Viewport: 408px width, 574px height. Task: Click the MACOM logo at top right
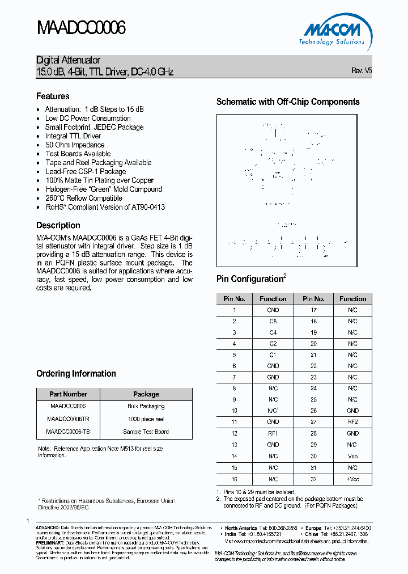click(x=331, y=31)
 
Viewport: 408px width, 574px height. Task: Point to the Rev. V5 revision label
click(x=362, y=71)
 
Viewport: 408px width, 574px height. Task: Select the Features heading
click(x=53, y=96)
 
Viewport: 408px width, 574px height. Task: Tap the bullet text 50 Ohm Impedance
click(x=75, y=145)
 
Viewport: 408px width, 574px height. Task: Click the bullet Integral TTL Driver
click(x=73, y=136)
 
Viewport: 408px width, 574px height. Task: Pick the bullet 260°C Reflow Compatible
click(x=84, y=198)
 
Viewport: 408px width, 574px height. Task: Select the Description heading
click(x=58, y=225)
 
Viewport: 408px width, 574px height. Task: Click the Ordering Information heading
click(x=76, y=374)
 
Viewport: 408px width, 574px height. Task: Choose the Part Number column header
click(x=68, y=394)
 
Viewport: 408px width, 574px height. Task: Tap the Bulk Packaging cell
click(x=146, y=407)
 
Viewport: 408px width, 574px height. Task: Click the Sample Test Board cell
click(x=146, y=432)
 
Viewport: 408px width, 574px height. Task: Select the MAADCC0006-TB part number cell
click(x=68, y=432)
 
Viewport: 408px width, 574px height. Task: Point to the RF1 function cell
click(x=273, y=434)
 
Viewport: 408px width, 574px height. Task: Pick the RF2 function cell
click(x=352, y=423)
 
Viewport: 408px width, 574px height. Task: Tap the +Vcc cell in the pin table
click(x=352, y=479)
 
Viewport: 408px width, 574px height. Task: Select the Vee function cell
click(x=352, y=457)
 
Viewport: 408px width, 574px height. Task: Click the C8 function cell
click(x=273, y=322)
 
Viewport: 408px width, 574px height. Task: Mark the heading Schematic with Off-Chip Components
click(x=288, y=102)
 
